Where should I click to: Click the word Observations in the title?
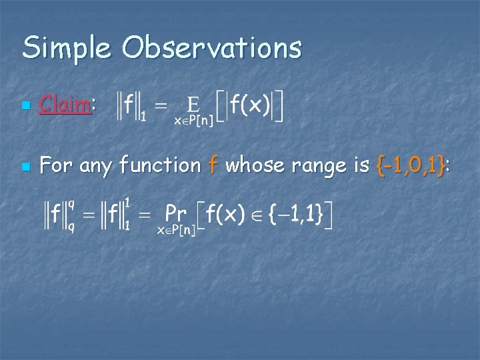pos(212,48)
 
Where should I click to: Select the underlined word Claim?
pos(65,104)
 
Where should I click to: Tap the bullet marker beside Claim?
pos(25,106)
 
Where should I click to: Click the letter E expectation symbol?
pos(193,105)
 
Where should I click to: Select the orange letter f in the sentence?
pos(213,164)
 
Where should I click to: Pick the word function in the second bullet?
pos(159,165)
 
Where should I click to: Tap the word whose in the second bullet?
pos(250,165)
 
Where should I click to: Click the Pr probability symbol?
pos(175,214)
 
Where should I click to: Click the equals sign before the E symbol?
pos(162,105)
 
